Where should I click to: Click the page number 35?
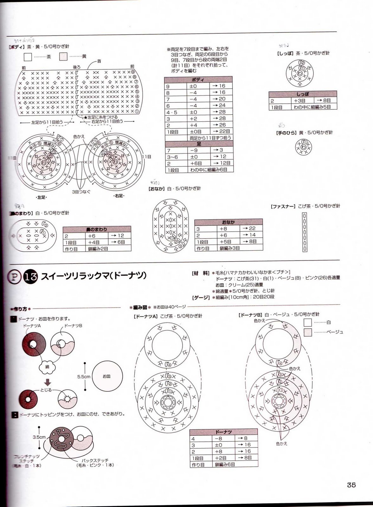point(351,485)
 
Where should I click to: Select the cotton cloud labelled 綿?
point(47,367)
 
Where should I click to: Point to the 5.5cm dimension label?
point(84,377)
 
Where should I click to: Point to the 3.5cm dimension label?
point(39,437)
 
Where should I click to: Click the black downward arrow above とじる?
point(47,383)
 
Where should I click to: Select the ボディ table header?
point(198,80)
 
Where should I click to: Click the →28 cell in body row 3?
point(221,119)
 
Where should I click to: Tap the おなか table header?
point(228,222)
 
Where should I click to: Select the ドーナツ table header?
point(223,432)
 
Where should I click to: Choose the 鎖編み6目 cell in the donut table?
point(225,465)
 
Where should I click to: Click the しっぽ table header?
point(302,94)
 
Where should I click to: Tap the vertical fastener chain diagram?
point(305,232)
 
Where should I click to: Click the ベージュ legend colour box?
point(307,332)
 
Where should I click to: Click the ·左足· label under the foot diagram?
point(41,197)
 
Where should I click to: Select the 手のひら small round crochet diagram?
point(303,147)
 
